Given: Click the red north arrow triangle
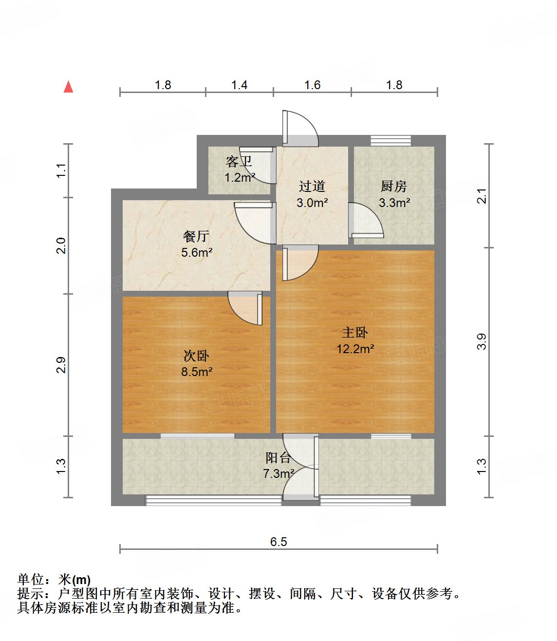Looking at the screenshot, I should (69, 87).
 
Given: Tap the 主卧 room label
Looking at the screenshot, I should (355, 333).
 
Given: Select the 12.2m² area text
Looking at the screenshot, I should (355, 349).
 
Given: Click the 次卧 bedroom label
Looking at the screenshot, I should (196, 356).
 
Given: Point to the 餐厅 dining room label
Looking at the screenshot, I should (196, 236).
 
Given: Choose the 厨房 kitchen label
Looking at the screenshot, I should (393, 186).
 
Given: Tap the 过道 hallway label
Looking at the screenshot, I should (312, 186).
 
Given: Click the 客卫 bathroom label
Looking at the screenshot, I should (239, 161).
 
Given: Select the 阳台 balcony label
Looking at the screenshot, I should (278, 457).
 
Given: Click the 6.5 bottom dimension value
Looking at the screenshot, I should (278, 542).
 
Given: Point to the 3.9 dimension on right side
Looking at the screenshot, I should (481, 341).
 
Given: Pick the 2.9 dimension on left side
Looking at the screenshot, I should (61, 365).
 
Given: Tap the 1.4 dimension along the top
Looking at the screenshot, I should (239, 85).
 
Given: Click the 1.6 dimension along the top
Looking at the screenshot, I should (312, 85).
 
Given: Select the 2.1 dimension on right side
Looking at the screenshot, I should (481, 196).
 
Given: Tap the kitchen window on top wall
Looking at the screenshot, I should (390, 140).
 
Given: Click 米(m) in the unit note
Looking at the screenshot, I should (74, 580).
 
